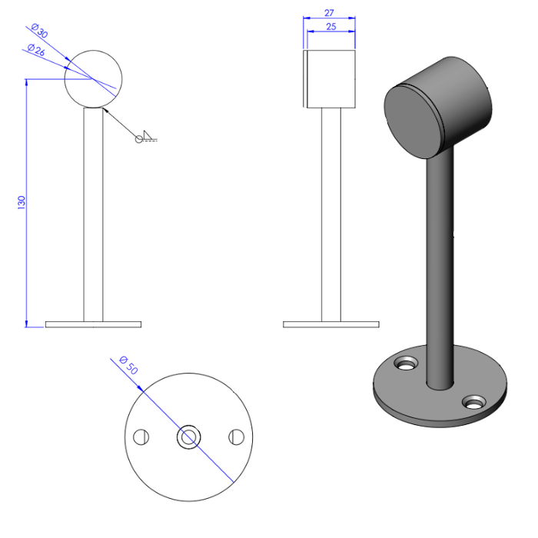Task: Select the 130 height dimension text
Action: (x=22, y=202)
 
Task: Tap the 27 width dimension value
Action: (x=329, y=13)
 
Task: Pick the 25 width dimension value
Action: (x=330, y=26)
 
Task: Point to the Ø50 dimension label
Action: (x=128, y=365)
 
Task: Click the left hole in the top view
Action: (x=140, y=437)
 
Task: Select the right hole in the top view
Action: (x=236, y=437)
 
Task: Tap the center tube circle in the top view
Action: (x=188, y=437)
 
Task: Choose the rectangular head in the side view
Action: (x=330, y=78)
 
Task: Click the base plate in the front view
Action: (x=93, y=324)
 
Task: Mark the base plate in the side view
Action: (x=330, y=324)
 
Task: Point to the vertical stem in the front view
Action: (x=93, y=215)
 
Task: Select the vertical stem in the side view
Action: (x=330, y=215)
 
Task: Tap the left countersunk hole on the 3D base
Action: (x=405, y=361)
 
